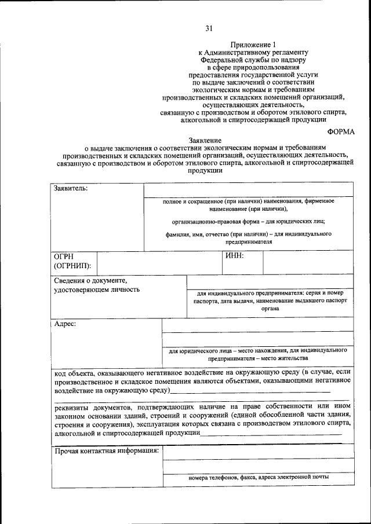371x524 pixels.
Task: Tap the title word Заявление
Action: tap(204, 141)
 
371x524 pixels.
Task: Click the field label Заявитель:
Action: tap(71, 189)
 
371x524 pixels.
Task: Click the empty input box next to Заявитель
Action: tap(248, 190)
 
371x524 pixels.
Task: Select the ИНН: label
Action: tap(234, 255)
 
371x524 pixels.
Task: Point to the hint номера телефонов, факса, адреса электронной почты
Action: tap(259, 477)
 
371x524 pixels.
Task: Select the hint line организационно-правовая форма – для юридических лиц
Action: tap(248, 222)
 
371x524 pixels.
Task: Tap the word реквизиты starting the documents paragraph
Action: tap(72, 407)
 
